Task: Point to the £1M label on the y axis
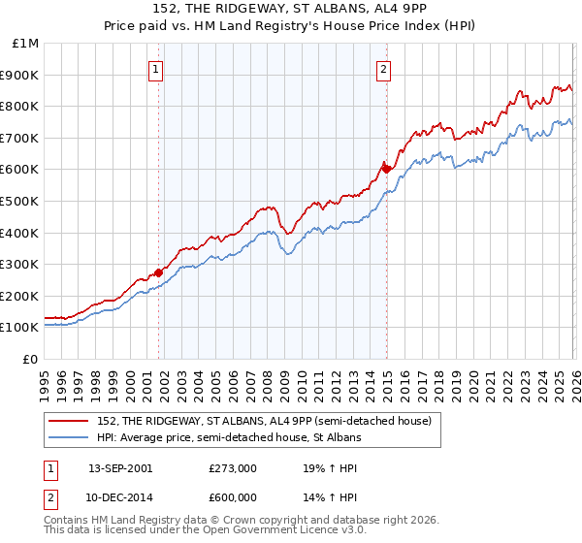[24, 43]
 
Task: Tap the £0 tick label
[30, 359]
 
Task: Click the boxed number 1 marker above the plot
[157, 68]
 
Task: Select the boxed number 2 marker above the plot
[385, 68]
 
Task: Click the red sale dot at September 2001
[159, 272]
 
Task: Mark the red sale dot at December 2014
[386, 169]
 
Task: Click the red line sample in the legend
[69, 421]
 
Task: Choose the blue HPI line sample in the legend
[69, 437]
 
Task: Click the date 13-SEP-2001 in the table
[119, 467]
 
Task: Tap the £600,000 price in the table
[233, 497]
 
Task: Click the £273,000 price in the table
[233, 467]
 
